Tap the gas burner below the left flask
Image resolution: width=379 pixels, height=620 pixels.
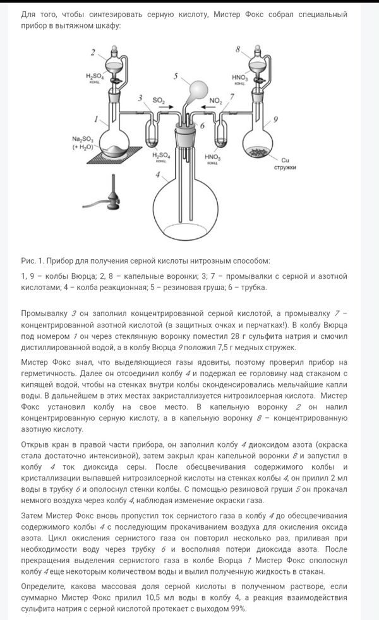[112, 193]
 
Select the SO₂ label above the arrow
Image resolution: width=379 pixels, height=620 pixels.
[158, 100]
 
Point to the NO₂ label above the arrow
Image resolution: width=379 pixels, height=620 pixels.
[215, 100]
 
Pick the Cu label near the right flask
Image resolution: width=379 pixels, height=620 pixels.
[285, 159]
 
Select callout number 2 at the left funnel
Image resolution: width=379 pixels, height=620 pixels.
[93, 51]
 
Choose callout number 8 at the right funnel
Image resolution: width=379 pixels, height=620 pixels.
[238, 49]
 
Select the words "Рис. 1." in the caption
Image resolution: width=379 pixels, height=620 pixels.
[33, 260]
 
